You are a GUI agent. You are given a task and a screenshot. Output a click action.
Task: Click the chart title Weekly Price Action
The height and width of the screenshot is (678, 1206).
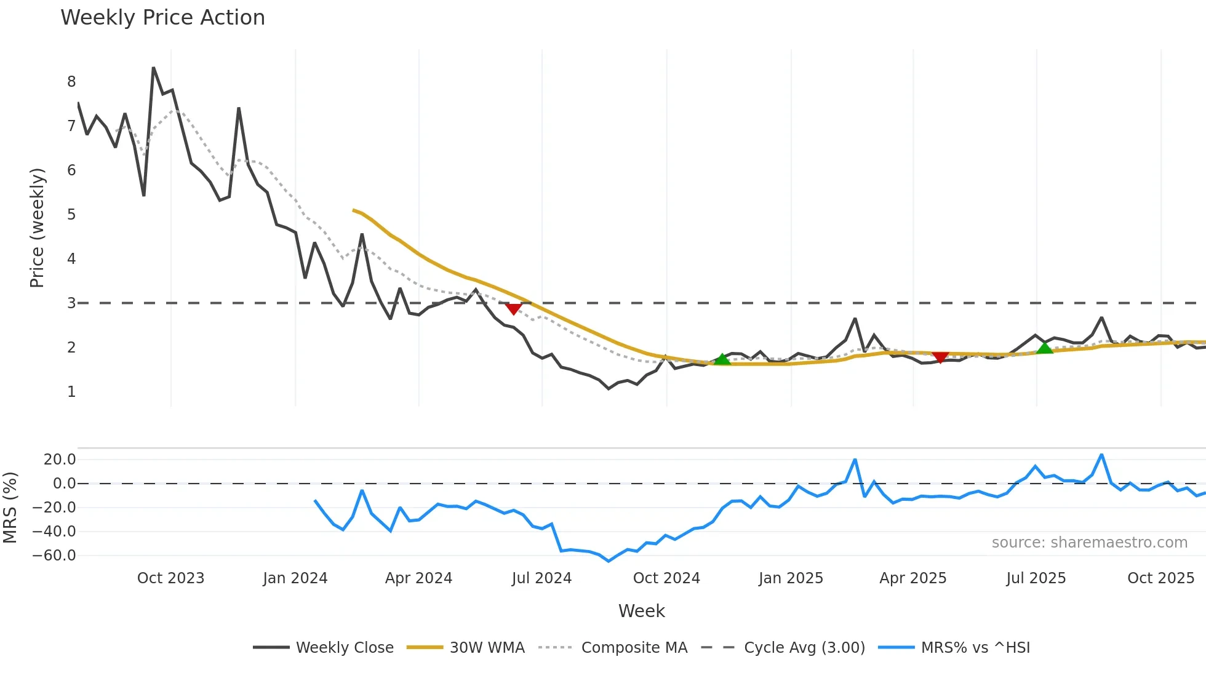tap(162, 17)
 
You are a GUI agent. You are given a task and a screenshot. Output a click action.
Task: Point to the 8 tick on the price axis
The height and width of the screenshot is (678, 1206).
tap(71, 82)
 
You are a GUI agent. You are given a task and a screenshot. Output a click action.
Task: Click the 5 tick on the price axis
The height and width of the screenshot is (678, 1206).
tap(71, 215)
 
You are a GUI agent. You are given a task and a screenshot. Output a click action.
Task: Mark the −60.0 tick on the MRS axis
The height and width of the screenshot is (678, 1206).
tap(54, 556)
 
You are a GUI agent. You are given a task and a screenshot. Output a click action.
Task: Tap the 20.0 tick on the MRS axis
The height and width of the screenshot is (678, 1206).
tap(60, 460)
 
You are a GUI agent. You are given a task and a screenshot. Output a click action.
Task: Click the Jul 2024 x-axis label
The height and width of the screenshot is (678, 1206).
tap(541, 578)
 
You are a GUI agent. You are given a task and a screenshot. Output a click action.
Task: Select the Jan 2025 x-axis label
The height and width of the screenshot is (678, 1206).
tap(791, 578)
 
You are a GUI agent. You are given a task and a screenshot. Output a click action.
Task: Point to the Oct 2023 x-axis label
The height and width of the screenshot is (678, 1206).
tap(170, 578)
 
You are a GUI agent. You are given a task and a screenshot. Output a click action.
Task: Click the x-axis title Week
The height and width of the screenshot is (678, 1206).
tap(641, 611)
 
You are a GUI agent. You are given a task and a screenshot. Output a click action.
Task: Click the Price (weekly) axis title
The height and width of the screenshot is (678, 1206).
tap(37, 228)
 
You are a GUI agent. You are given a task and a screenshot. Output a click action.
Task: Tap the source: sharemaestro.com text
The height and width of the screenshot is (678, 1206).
tap(1089, 543)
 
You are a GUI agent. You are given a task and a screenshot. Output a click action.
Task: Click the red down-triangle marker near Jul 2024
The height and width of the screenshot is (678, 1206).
tap(513, 309)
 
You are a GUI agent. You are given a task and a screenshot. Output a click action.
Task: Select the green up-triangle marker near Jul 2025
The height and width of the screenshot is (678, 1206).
tap(1044, 348)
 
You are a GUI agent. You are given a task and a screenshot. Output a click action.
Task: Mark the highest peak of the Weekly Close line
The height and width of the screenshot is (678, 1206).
tap(153, 68)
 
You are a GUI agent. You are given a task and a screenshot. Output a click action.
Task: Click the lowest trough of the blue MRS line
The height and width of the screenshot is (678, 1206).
tap(609, 561)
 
